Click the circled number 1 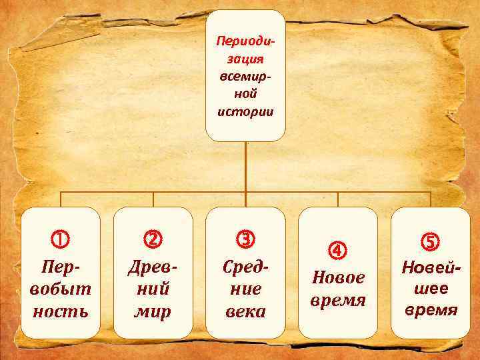pyautogui.click(x=61, y=238)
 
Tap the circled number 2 pyautogui.click(x=153, y=238)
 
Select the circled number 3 pyautogui.click(x=245, y=238)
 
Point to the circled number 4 pyautogui.click(x=338, y=251)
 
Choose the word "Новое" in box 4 pyautogui.click(x=338, y=277)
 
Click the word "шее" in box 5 pyautogui.click(x=430, y=288)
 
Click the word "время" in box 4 pyautogui.click(x=338, y=300)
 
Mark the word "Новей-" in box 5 pyautogui.click(x=430, y=267)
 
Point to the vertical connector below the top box pyautogui.click(x=245, y=167)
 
